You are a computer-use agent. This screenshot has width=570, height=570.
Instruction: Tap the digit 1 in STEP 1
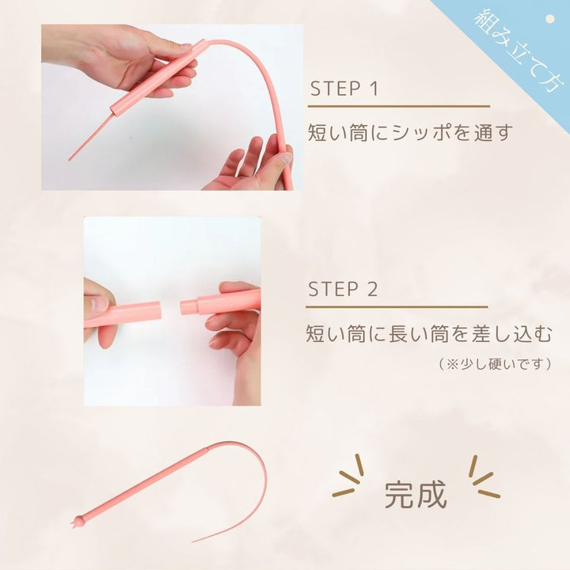(374, 87)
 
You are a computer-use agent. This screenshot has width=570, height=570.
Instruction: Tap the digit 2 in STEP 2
(372, 288)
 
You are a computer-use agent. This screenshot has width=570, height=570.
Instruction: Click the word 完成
(416, 493)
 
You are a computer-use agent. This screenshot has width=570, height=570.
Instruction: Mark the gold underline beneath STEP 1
(397, 106)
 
